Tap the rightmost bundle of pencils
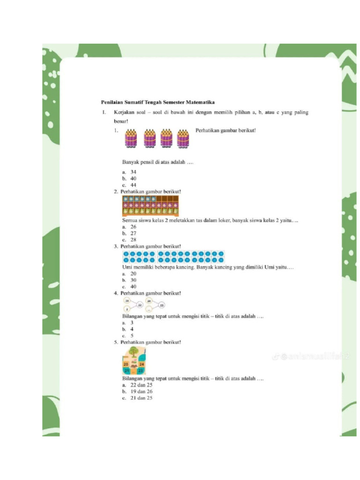183,139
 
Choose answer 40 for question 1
133,179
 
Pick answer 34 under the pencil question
133,172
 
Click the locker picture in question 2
150,206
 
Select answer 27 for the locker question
133,233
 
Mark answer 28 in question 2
133,240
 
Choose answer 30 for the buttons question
133,280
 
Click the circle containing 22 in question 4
140,305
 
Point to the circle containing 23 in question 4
162,305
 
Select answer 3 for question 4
132,323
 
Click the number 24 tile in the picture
142,364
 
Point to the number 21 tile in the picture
126,371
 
